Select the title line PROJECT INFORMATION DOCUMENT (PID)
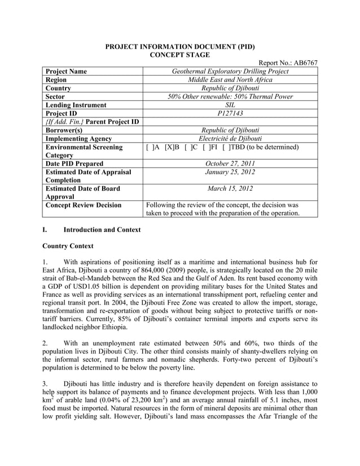coord(179,46)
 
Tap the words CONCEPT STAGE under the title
coord(179,54)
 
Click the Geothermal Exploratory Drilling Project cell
coord(230,72)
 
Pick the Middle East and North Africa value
coord(230,80)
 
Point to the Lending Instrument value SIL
coord(230,105)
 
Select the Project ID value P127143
coord(230,113)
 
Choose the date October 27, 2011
coord(230,164)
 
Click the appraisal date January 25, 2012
coord(230,172)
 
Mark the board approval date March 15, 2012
coord(230,188)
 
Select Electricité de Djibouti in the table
coord(230,138)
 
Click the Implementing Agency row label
coord(78,138)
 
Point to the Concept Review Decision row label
coord(83,205)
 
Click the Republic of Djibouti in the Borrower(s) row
coord(230,130)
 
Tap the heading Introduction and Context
coord(102,230)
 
